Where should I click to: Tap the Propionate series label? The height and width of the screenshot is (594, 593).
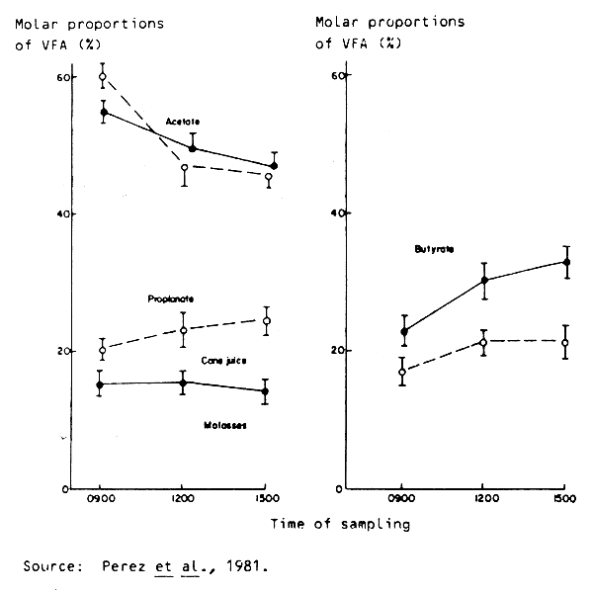coord(171,297)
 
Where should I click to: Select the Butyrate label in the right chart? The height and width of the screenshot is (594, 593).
coord(434,249)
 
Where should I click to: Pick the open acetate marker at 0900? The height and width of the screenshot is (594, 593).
coord(102,77)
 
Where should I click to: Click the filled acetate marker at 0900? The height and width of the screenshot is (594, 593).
coord(104,113)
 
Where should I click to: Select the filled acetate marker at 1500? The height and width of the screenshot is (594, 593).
coord(274,166)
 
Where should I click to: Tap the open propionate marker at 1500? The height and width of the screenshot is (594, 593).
coord(267,321)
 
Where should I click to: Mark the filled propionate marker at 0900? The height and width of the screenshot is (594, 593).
coord(102,384)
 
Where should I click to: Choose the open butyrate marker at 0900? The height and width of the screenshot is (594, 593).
coord(402,373)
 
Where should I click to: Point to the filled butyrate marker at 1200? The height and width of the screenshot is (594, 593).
coord(485,281)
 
